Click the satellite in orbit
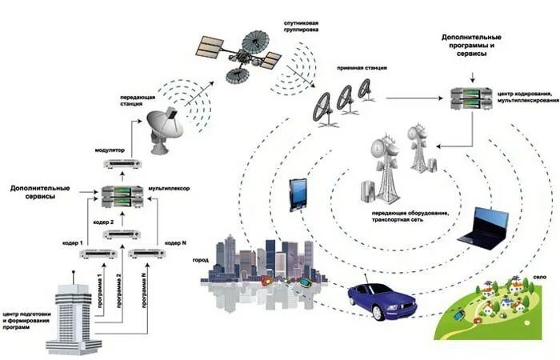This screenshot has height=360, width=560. (x=240, y=51)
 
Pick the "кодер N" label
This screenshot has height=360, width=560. (x=175, y=242)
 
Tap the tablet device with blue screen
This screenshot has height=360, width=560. (x=298, y=194)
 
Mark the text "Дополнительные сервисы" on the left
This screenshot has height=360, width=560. (x=40, y=194)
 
